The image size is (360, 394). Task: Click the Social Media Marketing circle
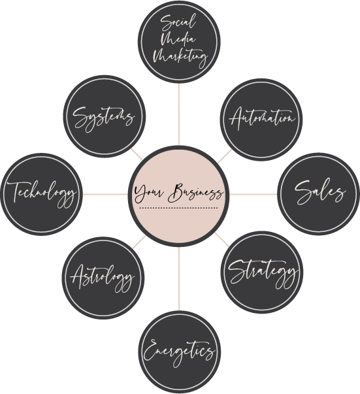tap(179, 42)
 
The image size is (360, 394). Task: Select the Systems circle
tap(105, 116)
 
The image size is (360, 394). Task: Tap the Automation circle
tap(261, 120)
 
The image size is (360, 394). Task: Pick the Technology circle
tap(42, 194)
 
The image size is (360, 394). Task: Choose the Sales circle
tap(319, 194)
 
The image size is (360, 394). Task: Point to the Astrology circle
tap(103, 278)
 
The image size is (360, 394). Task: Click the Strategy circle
tap(262, 272)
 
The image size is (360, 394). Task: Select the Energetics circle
tap(180, 352)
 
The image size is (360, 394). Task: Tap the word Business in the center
tap(195, 193)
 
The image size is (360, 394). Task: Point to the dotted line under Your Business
tap(178, 208)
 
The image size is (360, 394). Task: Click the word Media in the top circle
tap(178, 39)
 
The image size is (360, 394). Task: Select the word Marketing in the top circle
tap(180, 57)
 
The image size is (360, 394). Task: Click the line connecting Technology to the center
tap(105, 194)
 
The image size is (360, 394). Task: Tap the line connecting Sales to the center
tap(254, 194)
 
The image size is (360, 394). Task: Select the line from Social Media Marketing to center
tap(179, 114)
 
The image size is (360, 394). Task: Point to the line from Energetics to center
tap(179, 279)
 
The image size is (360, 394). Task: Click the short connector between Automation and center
tap(225, 156)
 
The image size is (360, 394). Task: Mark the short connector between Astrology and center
tap(139, 242)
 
